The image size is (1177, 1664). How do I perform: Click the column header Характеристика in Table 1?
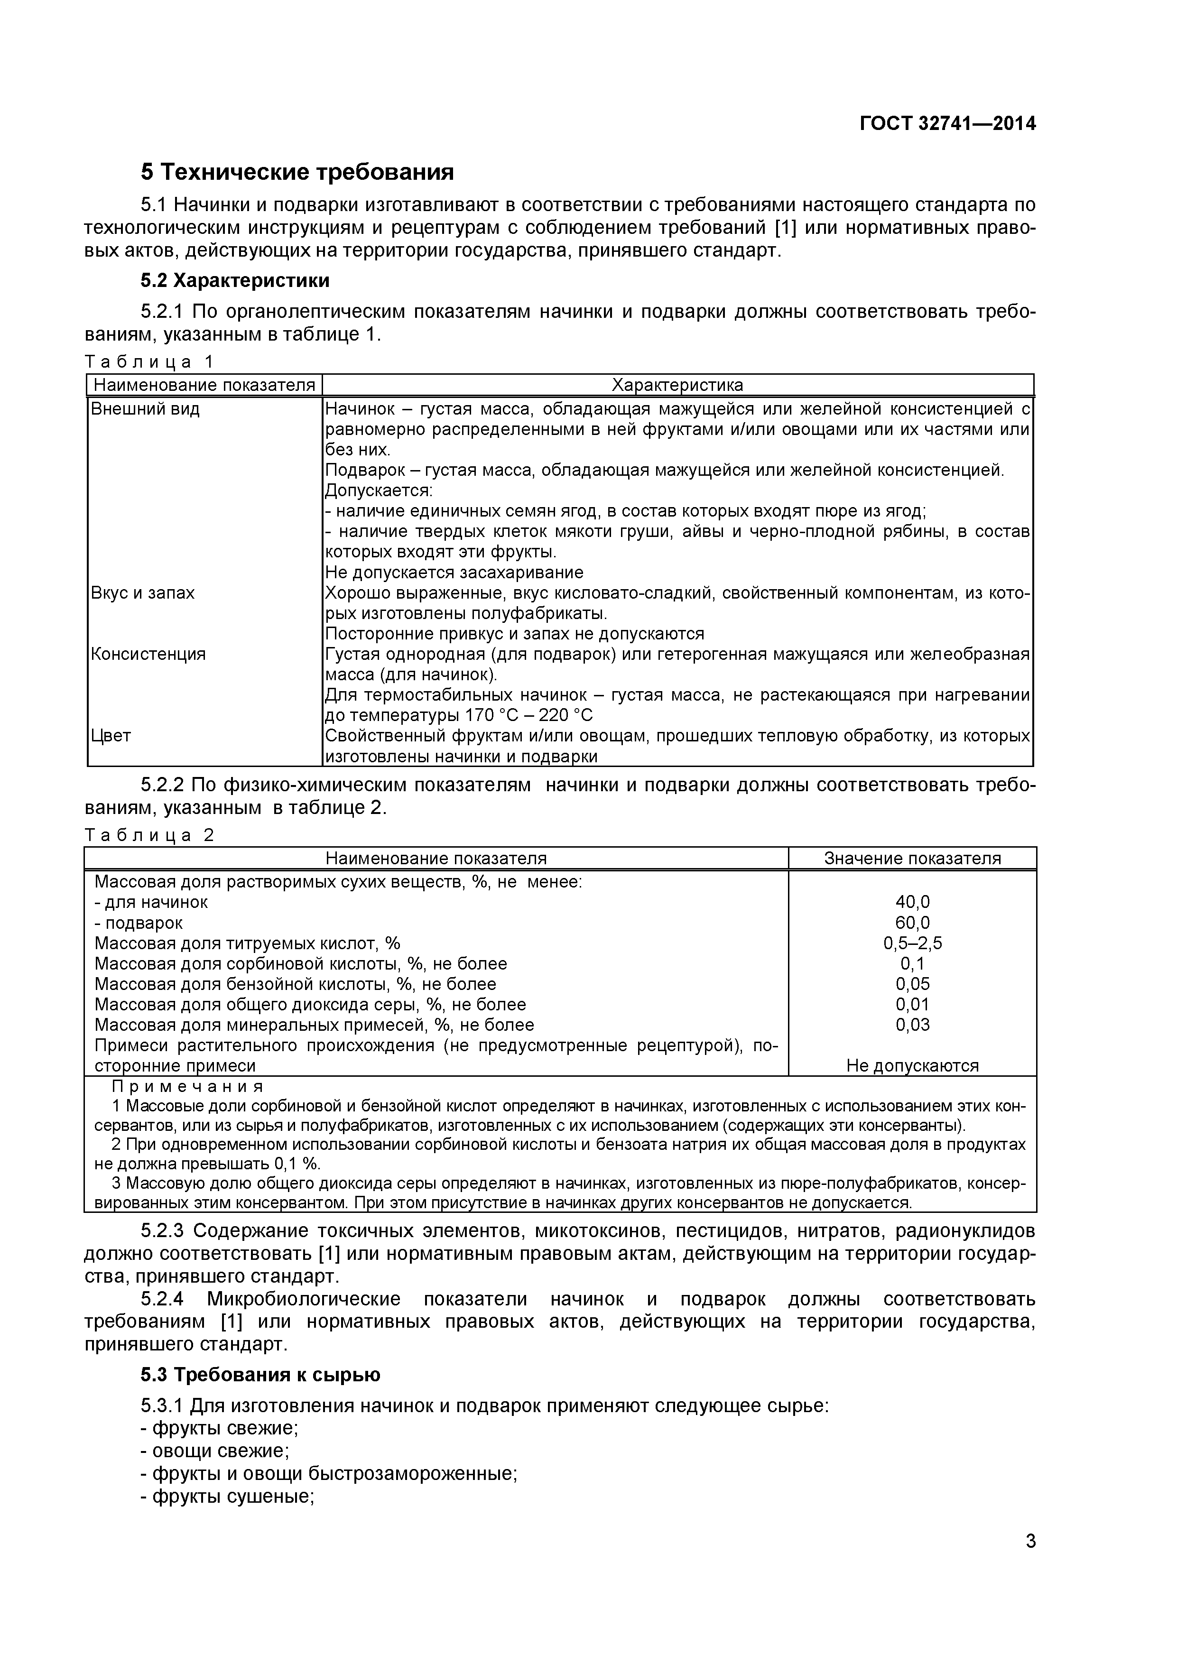pos(677,385)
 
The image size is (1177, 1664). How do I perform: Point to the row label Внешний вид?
pos(145,409)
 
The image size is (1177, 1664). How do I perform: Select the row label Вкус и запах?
pos(143,593)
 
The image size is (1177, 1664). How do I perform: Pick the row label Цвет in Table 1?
pos(111,736)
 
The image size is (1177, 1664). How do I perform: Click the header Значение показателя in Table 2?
pos(912,859)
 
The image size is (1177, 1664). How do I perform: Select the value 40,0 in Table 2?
pos(912,902)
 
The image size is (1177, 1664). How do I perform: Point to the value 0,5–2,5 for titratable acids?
pos(912,943)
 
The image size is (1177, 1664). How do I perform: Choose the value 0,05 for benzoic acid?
pos(912,984)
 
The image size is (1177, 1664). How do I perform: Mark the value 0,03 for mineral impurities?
pos(912,1025)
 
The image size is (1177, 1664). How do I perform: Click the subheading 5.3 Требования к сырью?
pos(260,1374)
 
